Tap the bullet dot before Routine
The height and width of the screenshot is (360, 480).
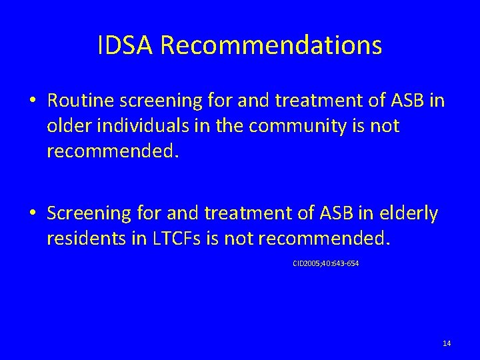pos(33,102)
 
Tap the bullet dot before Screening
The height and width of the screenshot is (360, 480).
pos(33,213)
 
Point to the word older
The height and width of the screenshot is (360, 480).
pos(66,126)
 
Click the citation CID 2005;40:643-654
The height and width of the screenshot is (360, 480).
pos(325,263)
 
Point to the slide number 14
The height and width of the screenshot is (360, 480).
pos(447,343)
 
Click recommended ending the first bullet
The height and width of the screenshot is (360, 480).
pos(112,151)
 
